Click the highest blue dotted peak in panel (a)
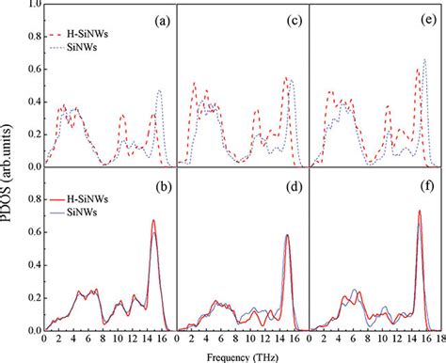[160, 90]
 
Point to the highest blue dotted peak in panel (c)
[292, 80]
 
